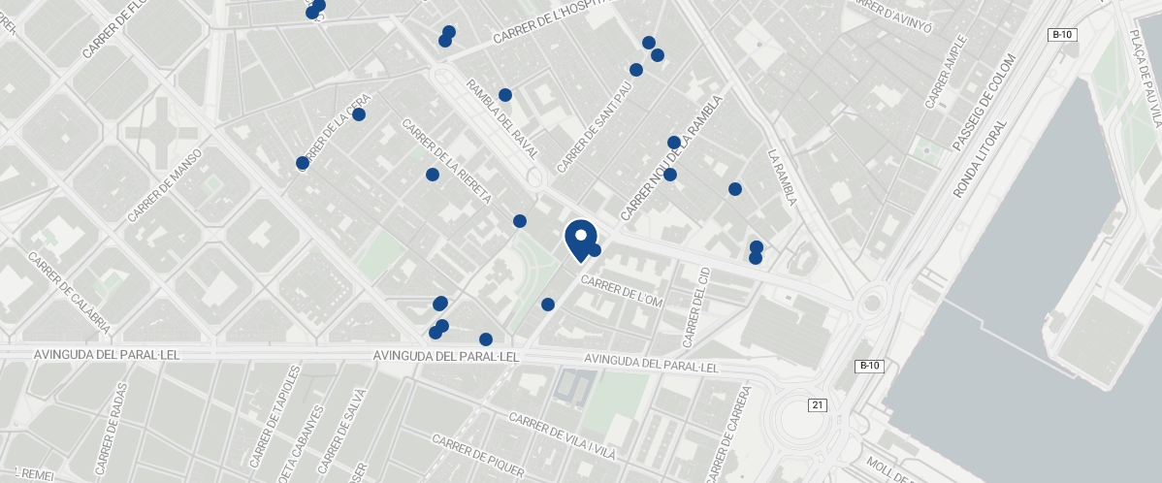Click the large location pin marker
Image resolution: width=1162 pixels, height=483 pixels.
pos(580,238)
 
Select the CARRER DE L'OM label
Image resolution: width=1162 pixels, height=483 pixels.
pos(621,292)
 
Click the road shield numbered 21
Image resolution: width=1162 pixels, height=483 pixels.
pos(817,404)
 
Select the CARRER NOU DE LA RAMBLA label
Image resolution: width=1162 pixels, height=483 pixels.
pos(672,157)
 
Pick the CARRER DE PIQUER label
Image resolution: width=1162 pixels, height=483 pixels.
pos(477,455)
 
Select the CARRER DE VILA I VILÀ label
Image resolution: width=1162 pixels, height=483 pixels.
pos(563,436)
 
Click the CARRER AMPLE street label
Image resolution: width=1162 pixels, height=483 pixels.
pos(946,73)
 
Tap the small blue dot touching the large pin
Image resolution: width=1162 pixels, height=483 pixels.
pos(596,250)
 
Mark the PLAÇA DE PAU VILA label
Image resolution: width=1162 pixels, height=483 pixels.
pos(1145,78)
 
